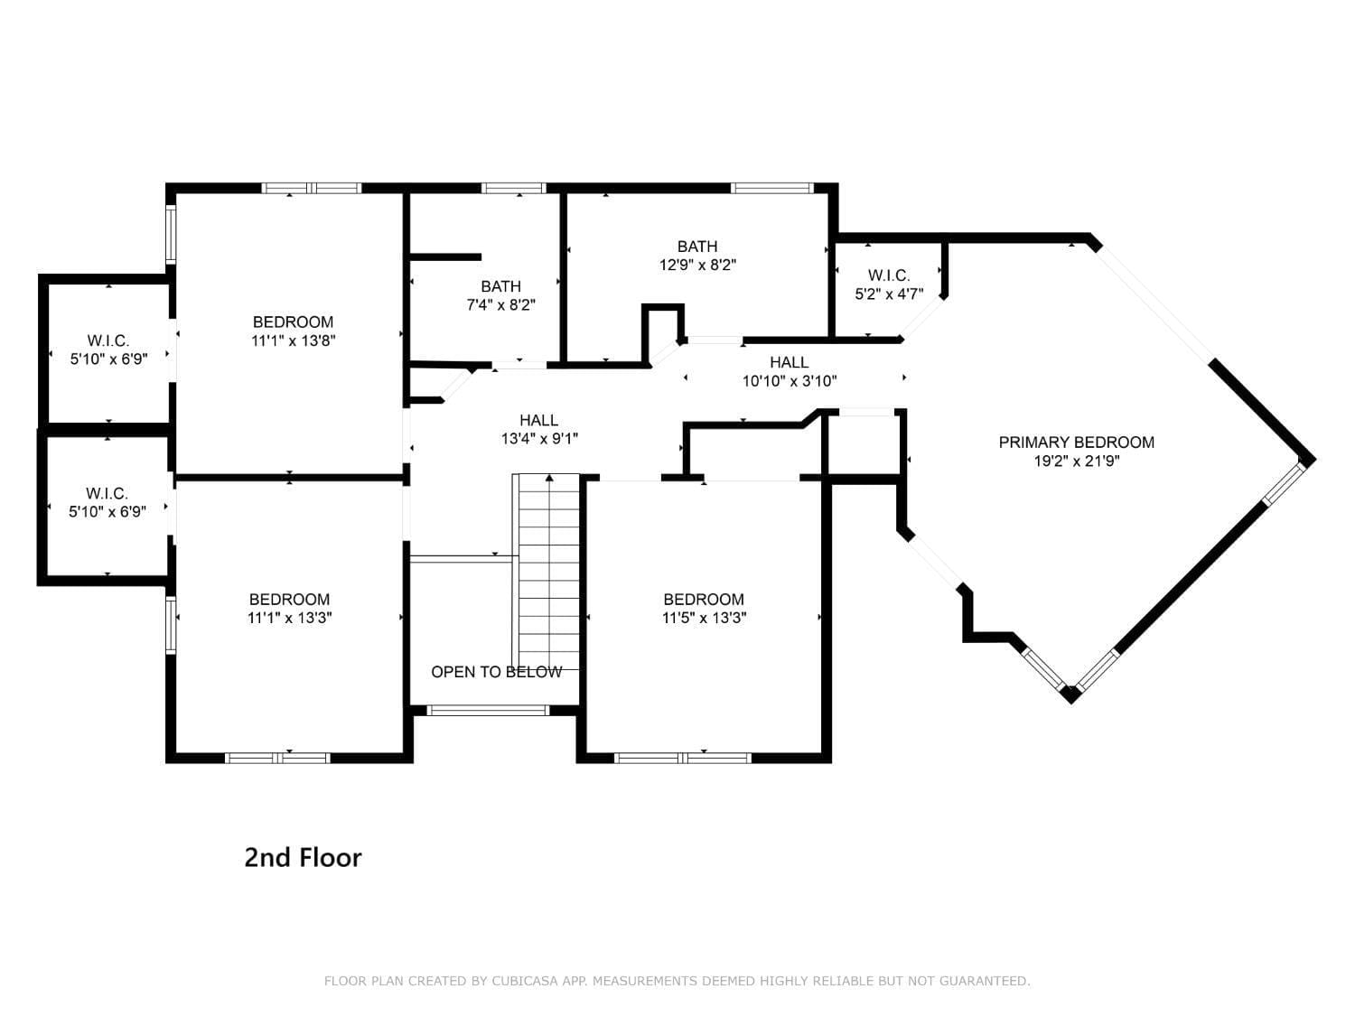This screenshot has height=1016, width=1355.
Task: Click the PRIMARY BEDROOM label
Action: (x=1076, y=443)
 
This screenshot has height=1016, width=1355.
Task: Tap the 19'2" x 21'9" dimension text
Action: (x=1077, y=461)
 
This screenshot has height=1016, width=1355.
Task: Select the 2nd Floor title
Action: (x=303, y=857)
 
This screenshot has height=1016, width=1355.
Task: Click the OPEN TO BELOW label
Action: (x=496, y=672)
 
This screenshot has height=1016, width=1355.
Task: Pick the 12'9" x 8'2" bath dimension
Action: (x=697, y=265)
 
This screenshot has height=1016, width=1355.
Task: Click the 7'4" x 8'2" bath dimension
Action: (x=500, y=304)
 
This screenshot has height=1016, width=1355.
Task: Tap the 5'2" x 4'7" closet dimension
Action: (x=889, y=294)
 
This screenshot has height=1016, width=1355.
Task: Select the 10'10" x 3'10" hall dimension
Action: (x=789, y=381)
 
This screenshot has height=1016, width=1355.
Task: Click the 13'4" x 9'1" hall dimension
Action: (x=539, y=439)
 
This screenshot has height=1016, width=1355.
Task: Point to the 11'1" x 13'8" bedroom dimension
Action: (x=293, y=340)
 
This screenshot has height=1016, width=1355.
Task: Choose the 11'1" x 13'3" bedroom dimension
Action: (x=290, y=618)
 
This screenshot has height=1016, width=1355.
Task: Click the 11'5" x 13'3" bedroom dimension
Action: (x=704, y=618)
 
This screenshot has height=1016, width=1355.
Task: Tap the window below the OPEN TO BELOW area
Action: (x=488, y=710)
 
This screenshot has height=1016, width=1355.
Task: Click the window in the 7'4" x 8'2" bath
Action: (x=514, y=188)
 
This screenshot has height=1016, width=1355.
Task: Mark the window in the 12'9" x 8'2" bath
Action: (x=772, y=188)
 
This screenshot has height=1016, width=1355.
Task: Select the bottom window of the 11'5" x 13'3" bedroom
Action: (x=683, y=758)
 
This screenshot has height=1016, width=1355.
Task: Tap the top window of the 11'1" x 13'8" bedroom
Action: (x=311, y=188)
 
